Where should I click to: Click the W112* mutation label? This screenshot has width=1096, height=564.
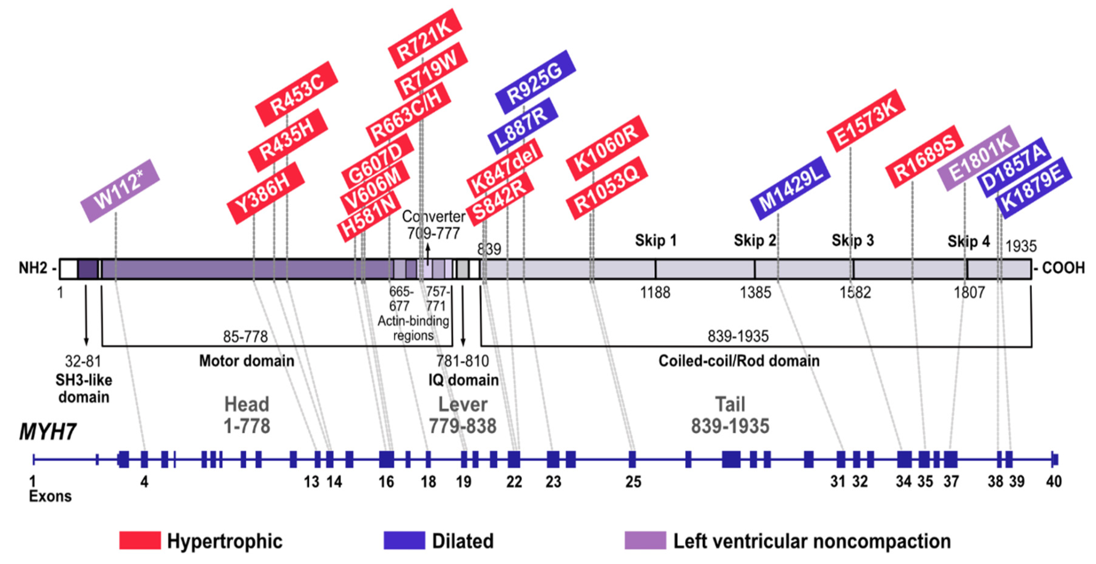(x=120, y=191)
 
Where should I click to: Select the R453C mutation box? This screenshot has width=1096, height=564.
(x=297, y=94)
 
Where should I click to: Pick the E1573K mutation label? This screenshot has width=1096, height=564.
(x=866, y=120)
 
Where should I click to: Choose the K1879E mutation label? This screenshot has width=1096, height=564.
(x=1033, y=187)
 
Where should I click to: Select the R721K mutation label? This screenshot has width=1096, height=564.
(x=425, y=38)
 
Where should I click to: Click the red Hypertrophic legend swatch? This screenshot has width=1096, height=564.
(x=140, y=540)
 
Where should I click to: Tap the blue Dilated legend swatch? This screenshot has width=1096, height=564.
(x=404, y=540)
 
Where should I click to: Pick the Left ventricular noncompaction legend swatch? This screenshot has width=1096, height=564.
(x=645, y=540)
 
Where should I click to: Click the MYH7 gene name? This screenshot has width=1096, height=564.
(x=48, y=432)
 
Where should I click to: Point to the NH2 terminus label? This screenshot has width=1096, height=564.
(x=34, y=268)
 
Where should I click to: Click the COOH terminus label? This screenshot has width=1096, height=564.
(x=1062, y=268)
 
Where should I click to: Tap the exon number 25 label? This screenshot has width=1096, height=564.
(x=633, y=481)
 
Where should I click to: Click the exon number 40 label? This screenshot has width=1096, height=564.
(x=1054, y=481)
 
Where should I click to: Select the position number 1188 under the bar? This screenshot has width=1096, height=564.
(x=655, y=293)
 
